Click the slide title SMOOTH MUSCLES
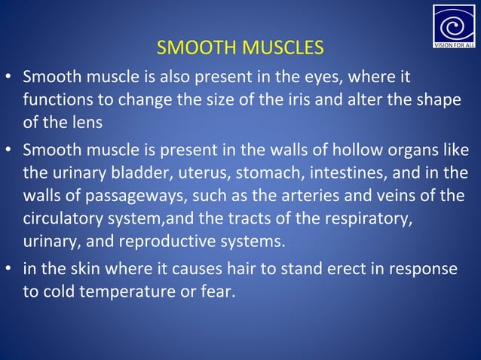click(x=240, y=49)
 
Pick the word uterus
click(x=204, y=172)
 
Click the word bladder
click(x=146, y=172)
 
